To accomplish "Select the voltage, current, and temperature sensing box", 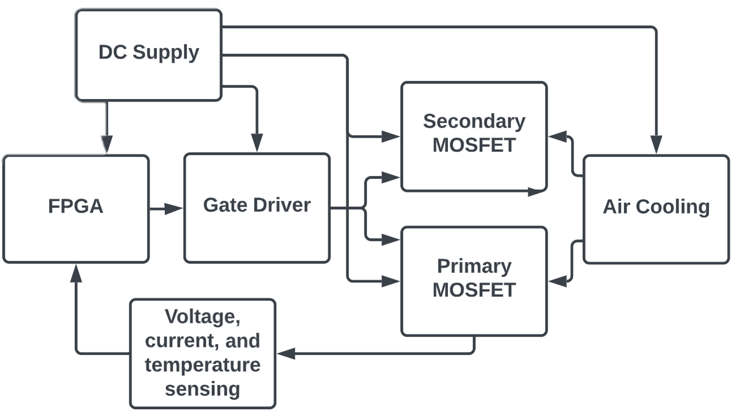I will (203, 353).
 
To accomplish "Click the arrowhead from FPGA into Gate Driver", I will (173, 209).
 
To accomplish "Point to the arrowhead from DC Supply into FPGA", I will (106, 144).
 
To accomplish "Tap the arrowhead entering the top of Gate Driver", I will (257, 142).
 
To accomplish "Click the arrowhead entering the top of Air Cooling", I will (656, 144).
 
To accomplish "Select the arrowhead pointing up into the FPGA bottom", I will (76, 274).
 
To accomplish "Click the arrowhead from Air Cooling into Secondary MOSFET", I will (558, 136).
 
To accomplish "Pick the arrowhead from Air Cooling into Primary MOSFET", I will (558, 281).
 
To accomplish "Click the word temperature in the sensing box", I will (203, 365).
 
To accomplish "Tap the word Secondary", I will (474, 121).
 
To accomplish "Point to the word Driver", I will (282, 205).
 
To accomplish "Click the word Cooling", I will (673, 207).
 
